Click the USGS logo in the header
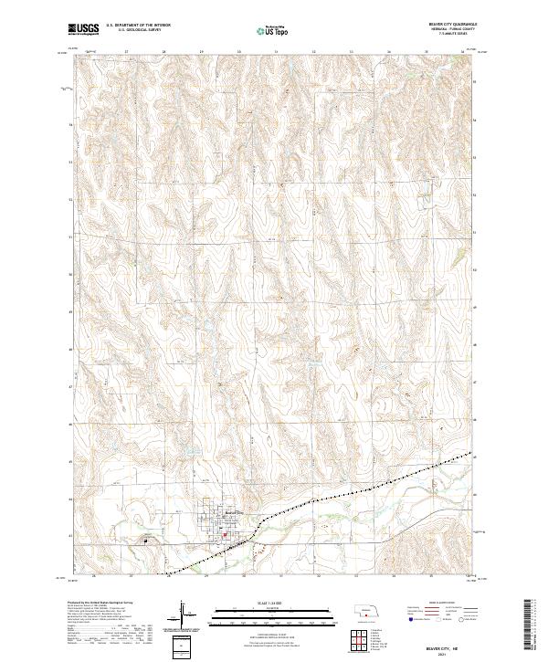tap(83, 30)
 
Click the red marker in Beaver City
tap(221, 525)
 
